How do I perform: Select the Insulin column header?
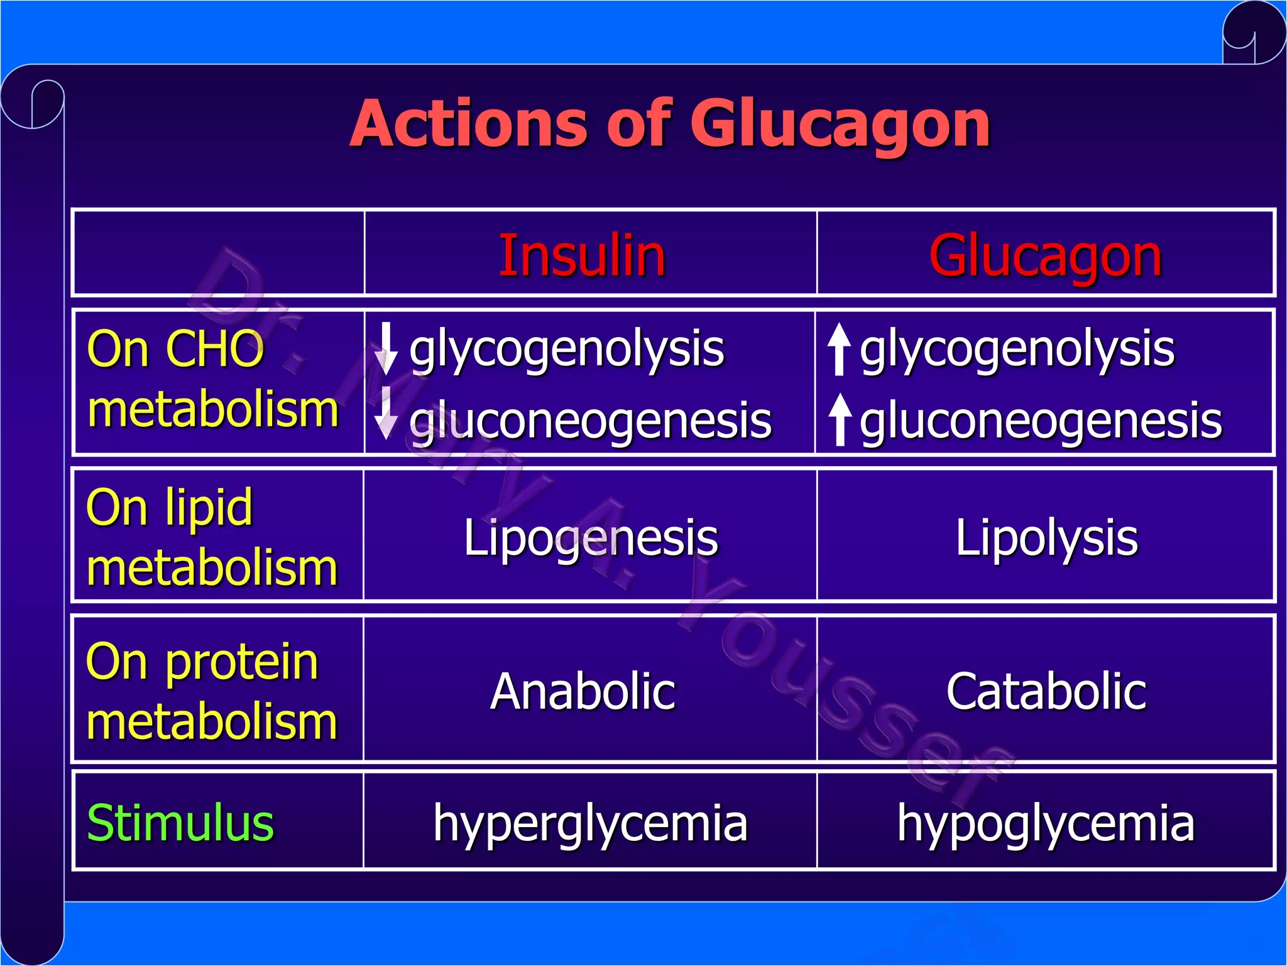point(582,255)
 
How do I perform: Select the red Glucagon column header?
point(1045,255)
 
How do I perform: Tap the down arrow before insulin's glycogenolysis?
point(386,348)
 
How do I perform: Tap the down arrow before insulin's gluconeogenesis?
point(386,413)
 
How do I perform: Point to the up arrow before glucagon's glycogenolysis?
point(839,349)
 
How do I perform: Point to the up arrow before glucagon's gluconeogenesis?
point(840,419)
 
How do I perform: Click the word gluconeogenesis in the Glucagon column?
point(1041,420)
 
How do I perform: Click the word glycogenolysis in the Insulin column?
point(566,349)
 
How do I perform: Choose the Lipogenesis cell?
point(590,538)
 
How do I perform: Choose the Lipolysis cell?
point(1046,538)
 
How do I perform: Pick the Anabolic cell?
point(583,691)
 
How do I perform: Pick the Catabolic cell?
point(1046,691)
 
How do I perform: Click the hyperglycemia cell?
point(590,823)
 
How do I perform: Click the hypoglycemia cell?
point(1046,823)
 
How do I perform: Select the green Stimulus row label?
point(180,823)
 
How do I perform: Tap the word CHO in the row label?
point(214,349)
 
